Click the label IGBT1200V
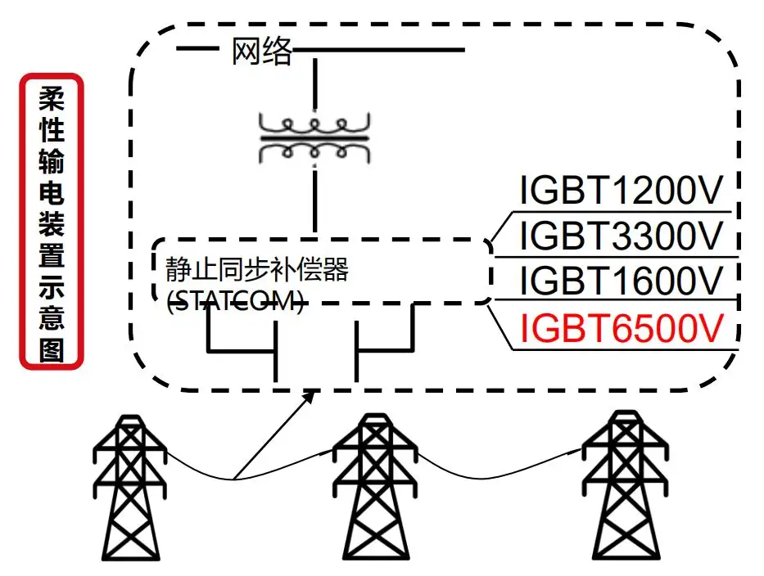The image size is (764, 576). (x=622, y=191)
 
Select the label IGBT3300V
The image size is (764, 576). (x=622, y=236)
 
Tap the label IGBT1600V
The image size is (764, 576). (x=622, y=281)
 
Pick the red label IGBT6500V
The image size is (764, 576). (x=622, y=328)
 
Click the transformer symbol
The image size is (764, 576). (x=314, y=138)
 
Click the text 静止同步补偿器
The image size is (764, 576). (x=256, y=269)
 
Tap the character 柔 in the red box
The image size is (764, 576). (x=52, y=101)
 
